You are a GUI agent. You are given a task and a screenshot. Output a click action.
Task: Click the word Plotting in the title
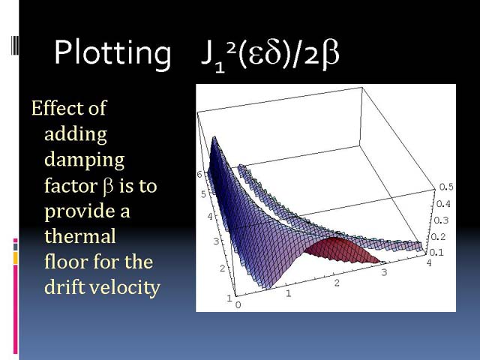tap(112, 52)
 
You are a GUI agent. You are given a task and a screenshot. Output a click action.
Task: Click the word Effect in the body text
tap(58, 108)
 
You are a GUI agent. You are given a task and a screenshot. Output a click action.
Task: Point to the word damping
tap(85, 160)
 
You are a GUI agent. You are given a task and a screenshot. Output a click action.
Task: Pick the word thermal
tap(80, 236)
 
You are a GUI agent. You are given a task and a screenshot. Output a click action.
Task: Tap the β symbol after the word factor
tap(108, 186)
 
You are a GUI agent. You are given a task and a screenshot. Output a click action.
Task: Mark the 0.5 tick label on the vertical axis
tap(446, 187)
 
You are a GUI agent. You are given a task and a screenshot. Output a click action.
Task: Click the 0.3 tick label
tap(441, 220)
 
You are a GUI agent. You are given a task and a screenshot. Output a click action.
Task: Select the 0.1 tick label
tap(436, 253)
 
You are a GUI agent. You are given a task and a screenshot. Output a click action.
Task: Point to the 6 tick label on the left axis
tap(199, 175)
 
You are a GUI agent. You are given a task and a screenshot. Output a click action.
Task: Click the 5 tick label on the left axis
tap(203, 194)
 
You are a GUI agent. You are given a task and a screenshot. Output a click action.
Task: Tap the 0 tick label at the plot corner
tap(238, 305)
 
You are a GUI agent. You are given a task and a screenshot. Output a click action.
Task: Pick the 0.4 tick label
tap(443, 203)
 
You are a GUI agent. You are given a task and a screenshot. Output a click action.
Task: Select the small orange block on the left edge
tap(15, 258)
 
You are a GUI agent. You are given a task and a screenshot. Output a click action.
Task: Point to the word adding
tap(76, 135)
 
